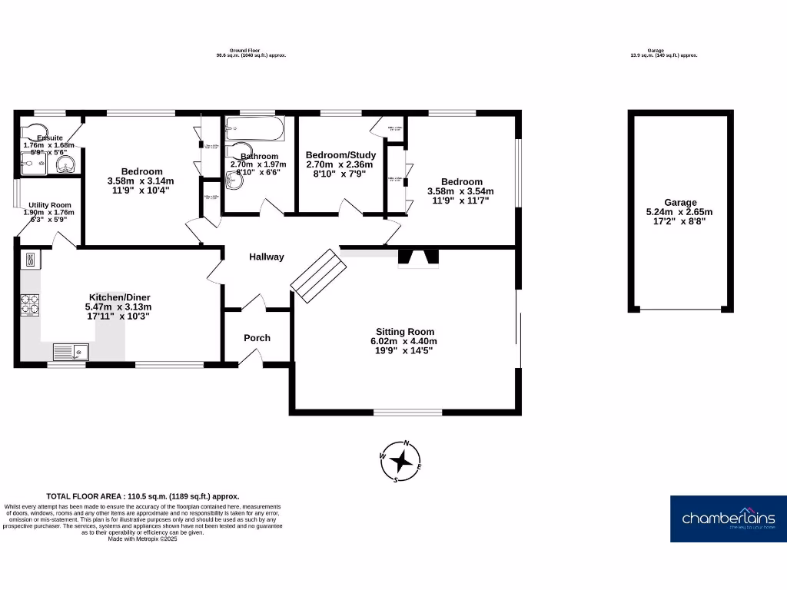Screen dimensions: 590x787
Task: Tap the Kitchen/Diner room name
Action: [120, 297]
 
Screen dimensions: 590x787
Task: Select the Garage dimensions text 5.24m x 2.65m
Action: [681, 212]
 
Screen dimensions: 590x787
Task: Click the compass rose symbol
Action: [400, 462]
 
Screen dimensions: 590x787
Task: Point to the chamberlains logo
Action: [729, 519]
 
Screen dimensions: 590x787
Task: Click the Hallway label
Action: [266, 257]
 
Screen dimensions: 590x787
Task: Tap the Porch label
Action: [257, 338]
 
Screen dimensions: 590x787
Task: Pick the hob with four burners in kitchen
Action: [30, 305]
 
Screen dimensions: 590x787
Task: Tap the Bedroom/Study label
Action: [340, 154]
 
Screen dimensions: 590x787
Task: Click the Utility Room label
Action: [50, 205]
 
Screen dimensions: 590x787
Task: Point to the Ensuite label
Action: [49, 138]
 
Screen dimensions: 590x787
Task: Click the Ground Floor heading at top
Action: [251, 50]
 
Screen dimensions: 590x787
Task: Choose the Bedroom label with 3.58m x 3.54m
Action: [461, 181]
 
